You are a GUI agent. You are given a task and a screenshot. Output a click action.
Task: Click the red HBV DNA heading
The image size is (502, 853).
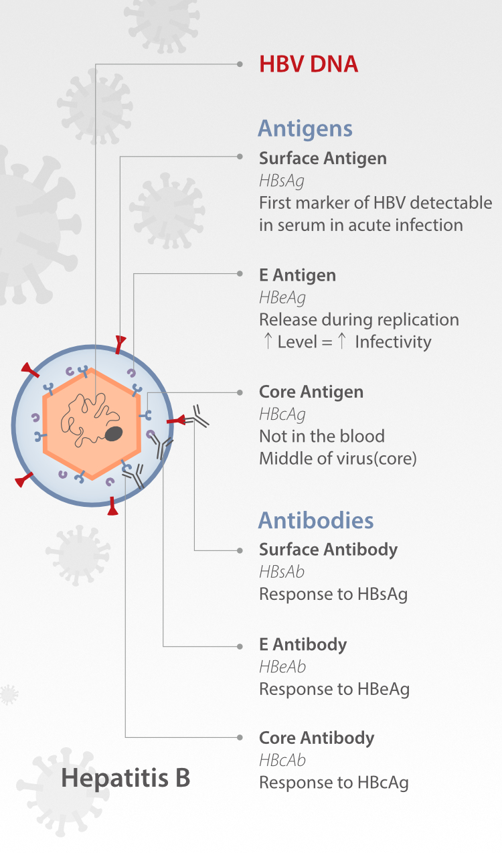point(309,64)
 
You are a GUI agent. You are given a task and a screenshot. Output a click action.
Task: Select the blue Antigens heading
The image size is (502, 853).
point(305,129)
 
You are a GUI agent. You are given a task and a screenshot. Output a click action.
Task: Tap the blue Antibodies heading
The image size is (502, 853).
point(316,520)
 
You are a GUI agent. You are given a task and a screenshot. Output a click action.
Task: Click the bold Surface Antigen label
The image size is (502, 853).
point(323,159)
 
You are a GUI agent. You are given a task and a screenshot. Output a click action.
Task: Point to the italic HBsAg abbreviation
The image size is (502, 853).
point(282,181)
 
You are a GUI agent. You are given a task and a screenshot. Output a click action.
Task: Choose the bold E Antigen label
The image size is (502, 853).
point(298,275)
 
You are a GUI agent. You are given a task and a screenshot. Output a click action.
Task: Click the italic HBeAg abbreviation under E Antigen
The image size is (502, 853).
point(282,298)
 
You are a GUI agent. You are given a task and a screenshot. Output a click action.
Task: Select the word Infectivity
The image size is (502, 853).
point(393,342)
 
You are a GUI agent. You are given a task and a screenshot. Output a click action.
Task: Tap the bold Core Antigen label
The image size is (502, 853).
point(311,392)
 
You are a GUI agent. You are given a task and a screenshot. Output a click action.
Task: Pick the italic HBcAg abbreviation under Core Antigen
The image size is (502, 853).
point(282,414)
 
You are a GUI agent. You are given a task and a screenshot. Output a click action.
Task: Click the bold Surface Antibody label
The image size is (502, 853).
point(329,550)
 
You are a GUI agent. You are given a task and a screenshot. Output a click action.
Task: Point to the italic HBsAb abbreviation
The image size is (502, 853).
point(282,572)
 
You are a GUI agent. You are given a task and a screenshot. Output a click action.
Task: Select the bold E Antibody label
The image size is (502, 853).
point(303,644)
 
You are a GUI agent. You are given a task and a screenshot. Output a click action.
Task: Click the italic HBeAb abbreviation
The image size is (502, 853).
point(282,667)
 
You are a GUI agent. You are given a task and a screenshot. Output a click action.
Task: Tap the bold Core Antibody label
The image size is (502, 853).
point(317,738)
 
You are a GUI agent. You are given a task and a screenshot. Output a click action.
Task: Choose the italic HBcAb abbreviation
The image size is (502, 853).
point(282,761)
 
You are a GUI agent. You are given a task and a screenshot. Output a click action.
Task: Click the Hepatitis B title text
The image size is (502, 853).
point(126,777)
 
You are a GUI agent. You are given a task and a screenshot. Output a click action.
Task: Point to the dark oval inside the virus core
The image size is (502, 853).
point(113,434)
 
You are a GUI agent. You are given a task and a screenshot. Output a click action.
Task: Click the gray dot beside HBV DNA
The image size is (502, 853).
point(240,64)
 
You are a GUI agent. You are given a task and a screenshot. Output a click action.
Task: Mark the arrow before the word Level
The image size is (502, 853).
point(268,341)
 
